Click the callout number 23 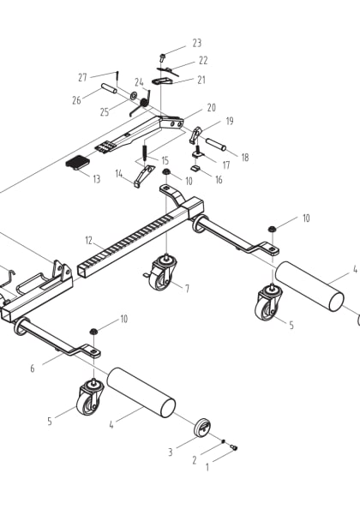tap(196, 43)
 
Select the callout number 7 tap(186, 288)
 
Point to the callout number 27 tap(83, 76)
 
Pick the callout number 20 tap(211, 109)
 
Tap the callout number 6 tap(32, 368)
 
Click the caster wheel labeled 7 tap(161, 274)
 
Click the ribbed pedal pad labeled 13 tap(78, 163)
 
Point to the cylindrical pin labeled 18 tap(215, 145)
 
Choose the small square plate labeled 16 tap(195, 169)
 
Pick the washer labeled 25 tap(135, 93)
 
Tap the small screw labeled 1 tap(232, 446)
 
